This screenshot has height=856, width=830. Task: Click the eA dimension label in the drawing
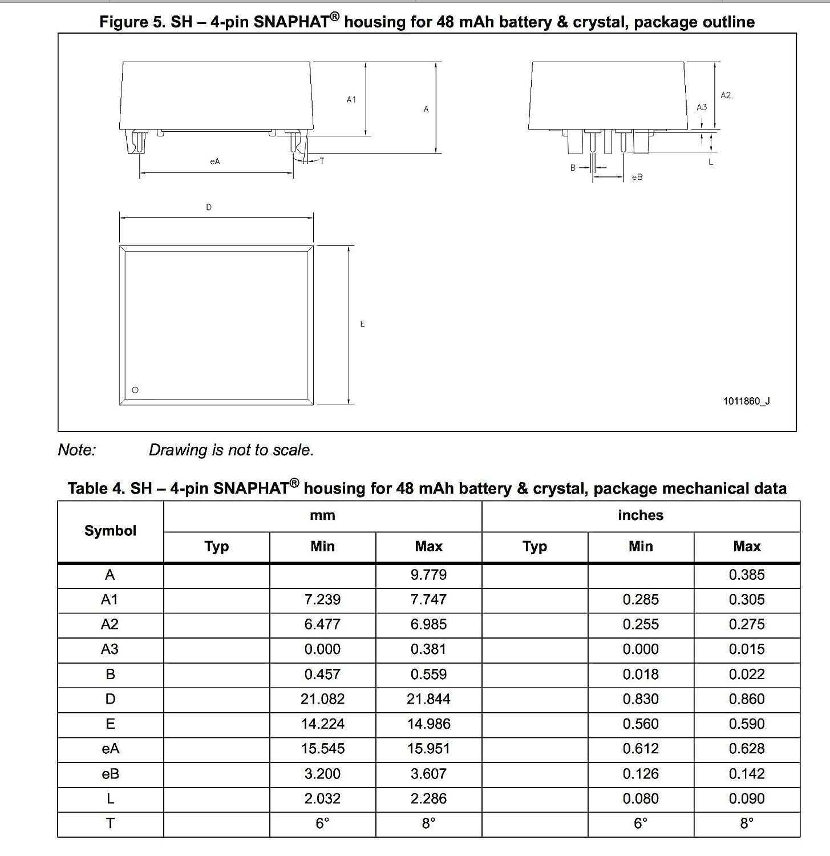pos(215,161)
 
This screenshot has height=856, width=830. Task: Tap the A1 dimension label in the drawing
pos(351,100)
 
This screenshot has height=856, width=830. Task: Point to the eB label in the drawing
pos(637,177)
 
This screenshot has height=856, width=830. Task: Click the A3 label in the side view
pos(702,107)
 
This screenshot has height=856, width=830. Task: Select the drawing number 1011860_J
pos(746,401)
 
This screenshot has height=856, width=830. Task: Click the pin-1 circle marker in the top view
pos(135,390)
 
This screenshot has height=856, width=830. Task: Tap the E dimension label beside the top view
pos(362,324)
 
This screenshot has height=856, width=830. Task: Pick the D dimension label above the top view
pos(209,208)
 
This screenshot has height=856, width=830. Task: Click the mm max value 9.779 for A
pos(428,575)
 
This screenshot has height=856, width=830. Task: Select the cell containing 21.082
pos(322,699)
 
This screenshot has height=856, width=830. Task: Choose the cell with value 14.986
pos(428,724)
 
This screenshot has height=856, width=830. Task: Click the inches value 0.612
pos(641,749)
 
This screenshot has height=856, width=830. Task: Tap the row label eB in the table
pos(110,774)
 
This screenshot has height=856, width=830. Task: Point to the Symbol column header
pos(110,531)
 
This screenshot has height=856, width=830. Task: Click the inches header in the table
pos(641,515)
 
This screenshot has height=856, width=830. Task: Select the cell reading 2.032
pos(322,799)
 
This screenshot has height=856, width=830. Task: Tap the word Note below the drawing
pos(77,450)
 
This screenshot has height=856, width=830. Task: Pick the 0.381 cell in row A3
pos(428,649)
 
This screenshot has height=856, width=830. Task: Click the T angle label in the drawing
pos(322,161)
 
